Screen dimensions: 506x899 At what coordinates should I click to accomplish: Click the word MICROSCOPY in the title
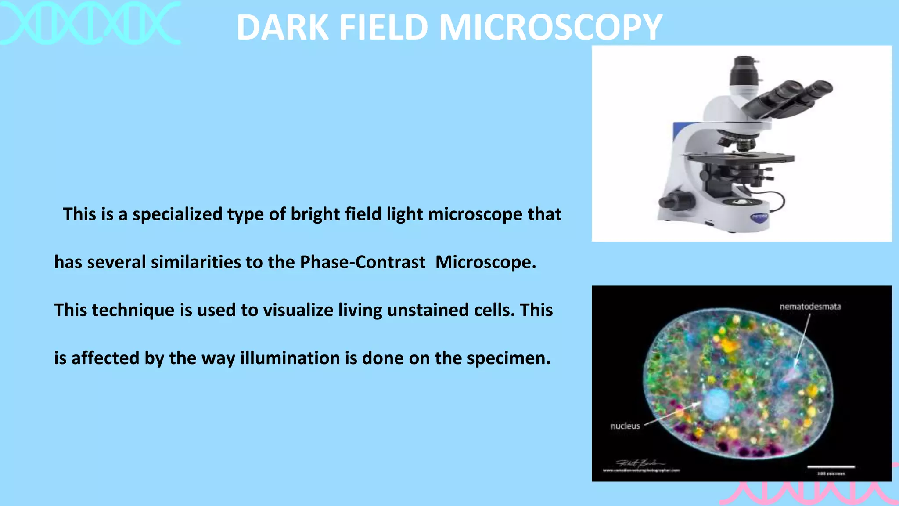(550, 27)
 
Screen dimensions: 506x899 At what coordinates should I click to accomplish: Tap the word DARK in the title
(283, 27)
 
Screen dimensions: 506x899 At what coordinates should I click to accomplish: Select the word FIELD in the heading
(383, 27)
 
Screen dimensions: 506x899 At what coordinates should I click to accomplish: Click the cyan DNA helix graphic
(90, 23)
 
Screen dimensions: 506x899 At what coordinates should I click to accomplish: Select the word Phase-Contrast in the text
(363, 262)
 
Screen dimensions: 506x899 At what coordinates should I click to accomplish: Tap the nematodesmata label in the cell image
(810, 307)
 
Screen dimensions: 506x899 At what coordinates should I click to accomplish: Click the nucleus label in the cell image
(625, 426)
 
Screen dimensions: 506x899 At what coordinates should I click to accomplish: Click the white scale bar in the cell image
(831, 466)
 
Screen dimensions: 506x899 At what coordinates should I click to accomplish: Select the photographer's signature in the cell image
(640, 463)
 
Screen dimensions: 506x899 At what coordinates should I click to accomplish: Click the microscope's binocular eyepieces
(790, 97)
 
